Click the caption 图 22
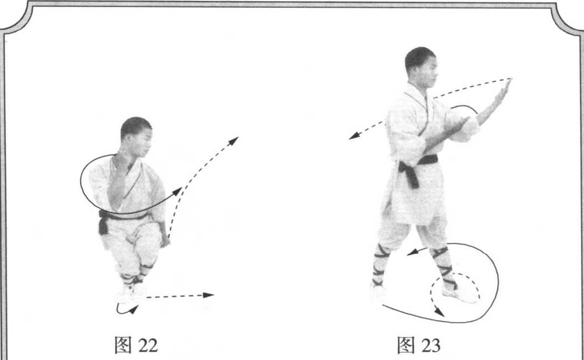pos(136,344)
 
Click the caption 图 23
pos(419,344)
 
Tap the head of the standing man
pos(421,67)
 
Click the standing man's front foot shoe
pos(460,295)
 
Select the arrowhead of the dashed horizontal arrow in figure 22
pos(209,295)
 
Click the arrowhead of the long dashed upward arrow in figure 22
pos(233,141)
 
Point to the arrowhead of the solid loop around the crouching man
pos(177,191)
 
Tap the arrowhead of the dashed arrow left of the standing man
pos(354,136)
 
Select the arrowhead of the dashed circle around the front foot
pos(439,312)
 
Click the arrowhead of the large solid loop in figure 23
pos(412,253)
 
